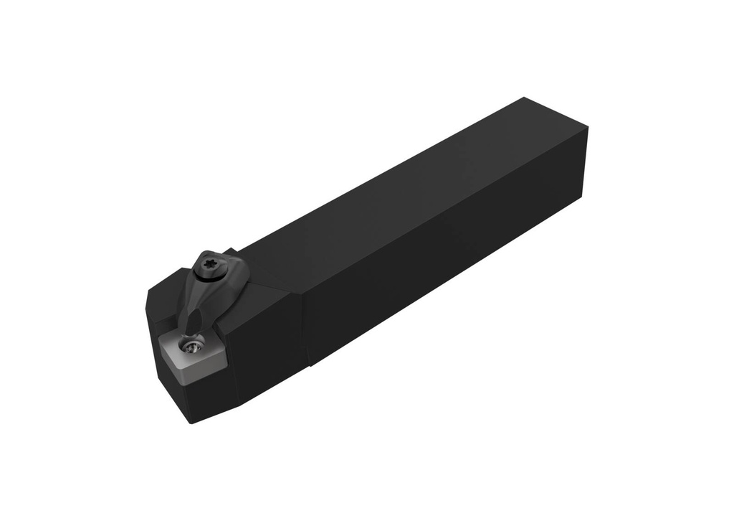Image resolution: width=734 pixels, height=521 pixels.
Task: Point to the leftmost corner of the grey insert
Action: point(159,344)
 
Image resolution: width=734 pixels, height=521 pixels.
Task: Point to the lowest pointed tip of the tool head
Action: point(191,423)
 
